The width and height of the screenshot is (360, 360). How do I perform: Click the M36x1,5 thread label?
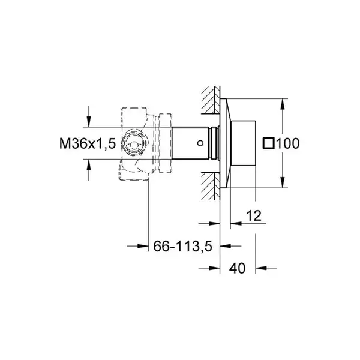click(88, 144)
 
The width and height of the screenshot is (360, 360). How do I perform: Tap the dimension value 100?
click(287, 144)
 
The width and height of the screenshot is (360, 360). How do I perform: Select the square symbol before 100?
click(269, 144)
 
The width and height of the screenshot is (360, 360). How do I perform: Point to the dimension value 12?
click(254, 215)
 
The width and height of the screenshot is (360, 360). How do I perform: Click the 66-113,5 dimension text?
click(183, 247)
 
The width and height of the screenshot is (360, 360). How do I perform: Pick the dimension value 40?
click(237, 268)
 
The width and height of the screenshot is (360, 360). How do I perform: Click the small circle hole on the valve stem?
click(200, 143)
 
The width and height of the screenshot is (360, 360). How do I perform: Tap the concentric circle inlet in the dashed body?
click(134, 144)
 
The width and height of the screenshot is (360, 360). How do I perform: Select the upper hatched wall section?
click(211, 100)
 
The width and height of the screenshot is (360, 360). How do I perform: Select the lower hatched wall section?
click(211, 186)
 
